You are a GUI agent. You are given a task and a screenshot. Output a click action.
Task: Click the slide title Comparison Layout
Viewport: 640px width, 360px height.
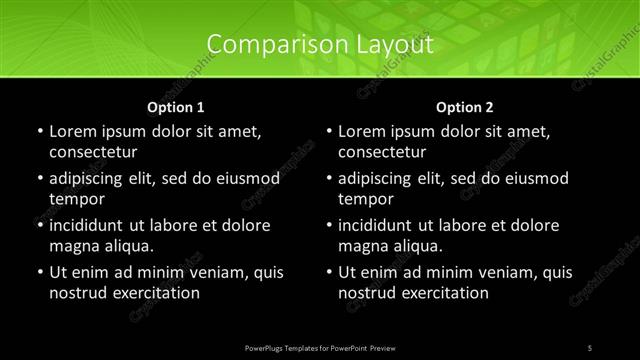(320, 45)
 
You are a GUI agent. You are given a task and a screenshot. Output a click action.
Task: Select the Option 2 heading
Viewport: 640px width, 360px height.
(465, 106)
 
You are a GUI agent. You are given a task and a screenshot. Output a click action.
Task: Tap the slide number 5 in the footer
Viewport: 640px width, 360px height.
(590, 347)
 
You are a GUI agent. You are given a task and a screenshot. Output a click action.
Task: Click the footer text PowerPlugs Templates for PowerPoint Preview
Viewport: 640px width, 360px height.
(320, 347)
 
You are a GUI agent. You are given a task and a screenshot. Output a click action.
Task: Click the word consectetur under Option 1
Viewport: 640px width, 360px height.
(93, 152)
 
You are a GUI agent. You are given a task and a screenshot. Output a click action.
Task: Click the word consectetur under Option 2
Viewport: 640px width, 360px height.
(383, 152)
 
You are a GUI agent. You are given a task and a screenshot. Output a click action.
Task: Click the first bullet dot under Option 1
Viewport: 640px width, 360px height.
(39, 131)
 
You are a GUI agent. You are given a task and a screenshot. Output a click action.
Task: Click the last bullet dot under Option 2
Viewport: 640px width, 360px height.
(329, 272)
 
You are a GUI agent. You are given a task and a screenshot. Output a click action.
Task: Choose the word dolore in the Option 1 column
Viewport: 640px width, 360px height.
(241, 225)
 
